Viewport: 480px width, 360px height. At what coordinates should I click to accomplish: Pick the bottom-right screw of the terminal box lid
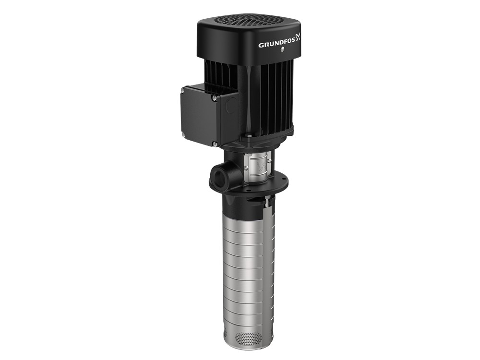(215, 144)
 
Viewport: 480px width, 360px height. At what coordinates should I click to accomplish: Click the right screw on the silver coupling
(269, 165)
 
